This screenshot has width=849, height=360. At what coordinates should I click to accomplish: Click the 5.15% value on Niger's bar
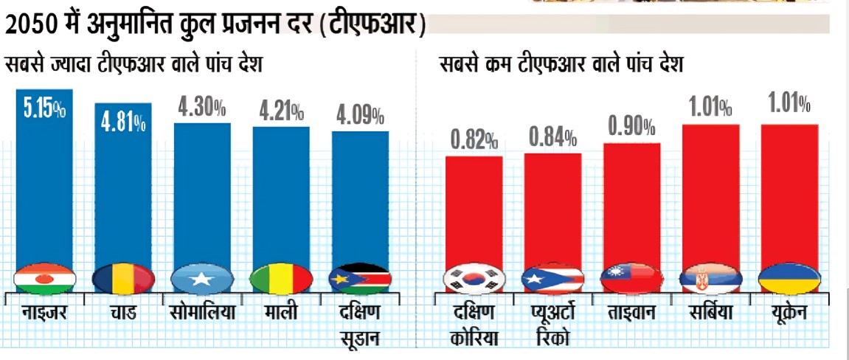click(44, 108)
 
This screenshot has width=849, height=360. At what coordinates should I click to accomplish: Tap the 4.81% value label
click(122, 120)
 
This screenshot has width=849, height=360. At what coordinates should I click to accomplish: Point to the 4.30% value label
click(201, 108)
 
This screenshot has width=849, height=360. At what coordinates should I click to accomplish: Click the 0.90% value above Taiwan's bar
click(631, 127)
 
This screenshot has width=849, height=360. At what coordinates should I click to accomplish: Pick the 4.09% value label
click(360, 116)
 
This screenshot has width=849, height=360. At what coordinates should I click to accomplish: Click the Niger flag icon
click(44, 279)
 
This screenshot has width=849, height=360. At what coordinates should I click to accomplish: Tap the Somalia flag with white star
click(201, 279)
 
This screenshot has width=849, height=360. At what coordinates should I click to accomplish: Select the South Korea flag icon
click(473, 279)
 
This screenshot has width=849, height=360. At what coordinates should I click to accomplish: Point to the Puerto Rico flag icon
click(552, 279)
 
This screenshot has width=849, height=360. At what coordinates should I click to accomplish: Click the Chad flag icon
click(123, 279)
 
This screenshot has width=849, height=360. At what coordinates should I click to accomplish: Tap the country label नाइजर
click(44, 313)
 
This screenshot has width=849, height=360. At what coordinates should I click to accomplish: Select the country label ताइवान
click(631, 313)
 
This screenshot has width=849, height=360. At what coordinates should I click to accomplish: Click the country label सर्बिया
click(710, 313)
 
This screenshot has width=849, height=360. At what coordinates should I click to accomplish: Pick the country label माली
click(280, 313)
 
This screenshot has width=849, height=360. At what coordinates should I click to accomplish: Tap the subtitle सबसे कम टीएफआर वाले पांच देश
click(561, 65)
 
